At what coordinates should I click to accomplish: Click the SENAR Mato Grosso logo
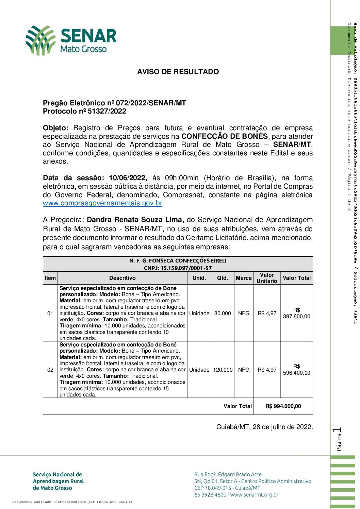71,40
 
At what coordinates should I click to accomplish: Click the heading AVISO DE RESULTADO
178,72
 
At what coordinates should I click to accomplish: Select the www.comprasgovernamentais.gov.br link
102,203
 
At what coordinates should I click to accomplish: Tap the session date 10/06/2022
128,178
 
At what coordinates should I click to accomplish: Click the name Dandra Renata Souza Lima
134,220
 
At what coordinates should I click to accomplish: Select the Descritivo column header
122,278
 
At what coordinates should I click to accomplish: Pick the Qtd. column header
223,278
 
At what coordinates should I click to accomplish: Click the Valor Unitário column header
267,278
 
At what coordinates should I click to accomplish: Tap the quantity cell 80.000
223,313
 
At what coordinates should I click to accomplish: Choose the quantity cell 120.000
223,370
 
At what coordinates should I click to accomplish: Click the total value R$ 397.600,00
297,313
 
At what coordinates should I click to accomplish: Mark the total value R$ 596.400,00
297,370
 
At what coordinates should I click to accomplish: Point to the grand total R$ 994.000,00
283,406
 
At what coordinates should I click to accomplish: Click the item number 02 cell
50,370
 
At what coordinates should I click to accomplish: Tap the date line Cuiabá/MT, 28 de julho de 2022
264,427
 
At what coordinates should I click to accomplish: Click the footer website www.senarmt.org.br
254,495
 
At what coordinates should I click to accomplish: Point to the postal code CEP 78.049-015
213,488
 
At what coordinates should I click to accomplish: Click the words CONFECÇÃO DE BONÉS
225,136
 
